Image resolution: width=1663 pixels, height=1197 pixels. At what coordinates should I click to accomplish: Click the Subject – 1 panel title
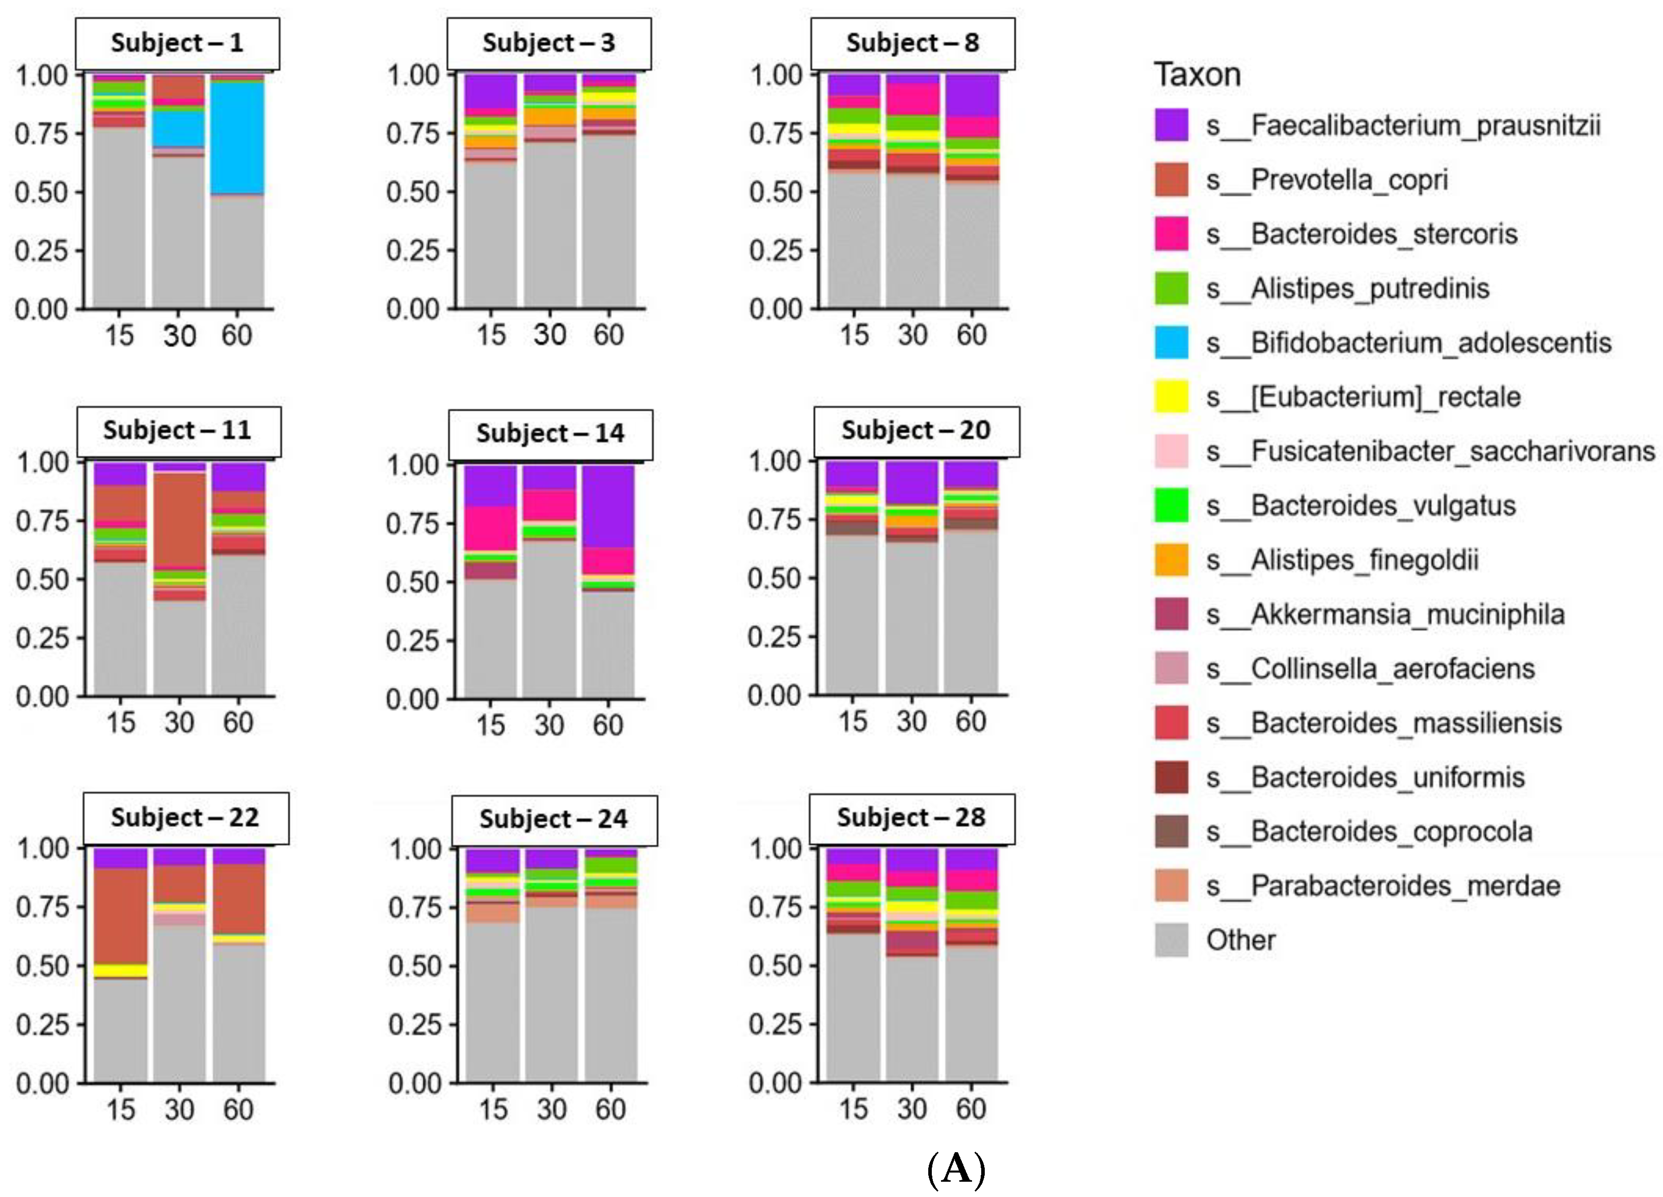point(177,43)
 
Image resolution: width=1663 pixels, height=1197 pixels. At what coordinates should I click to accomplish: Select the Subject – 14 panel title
point(550,433)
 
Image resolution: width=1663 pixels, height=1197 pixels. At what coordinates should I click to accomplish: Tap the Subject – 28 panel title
point(911,817)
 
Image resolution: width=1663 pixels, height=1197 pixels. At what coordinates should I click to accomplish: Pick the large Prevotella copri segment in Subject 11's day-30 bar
point(180,520)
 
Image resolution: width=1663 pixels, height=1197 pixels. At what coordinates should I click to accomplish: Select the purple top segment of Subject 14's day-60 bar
point(608,506)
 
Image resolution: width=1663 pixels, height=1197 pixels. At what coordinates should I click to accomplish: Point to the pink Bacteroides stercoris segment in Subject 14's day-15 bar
point(490,528)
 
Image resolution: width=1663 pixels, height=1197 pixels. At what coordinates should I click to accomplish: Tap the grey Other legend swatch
point(1171,940)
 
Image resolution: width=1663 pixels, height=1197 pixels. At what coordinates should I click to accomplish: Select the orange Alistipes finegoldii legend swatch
point(1171,560)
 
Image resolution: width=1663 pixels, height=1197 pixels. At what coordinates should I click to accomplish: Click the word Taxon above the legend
point(1198,75)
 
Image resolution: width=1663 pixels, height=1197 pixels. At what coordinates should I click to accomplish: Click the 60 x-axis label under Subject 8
point(971,335)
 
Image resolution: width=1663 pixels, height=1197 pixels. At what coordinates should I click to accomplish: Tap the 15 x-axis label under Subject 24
point(493,1109)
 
